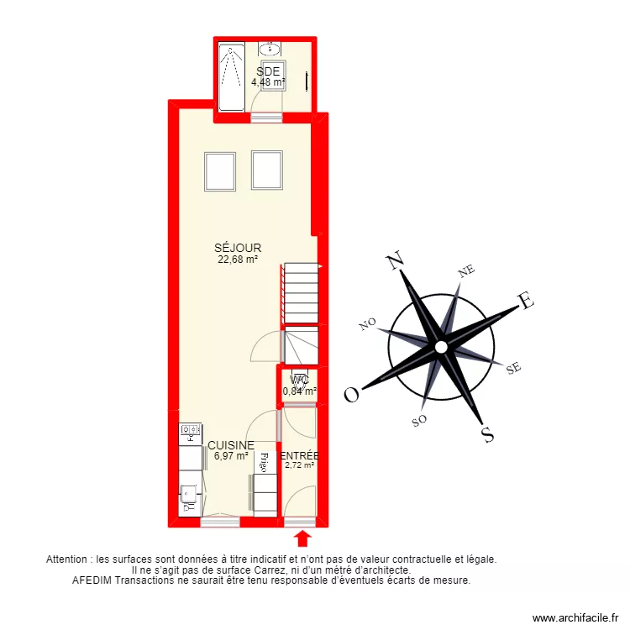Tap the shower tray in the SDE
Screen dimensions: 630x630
coord(230,78)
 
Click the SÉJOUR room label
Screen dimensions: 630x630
coord(238,249)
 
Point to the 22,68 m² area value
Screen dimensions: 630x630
coord(238,260)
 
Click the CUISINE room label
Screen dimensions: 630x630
coord(231,445)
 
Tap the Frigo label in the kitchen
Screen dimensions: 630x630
coord(264,461)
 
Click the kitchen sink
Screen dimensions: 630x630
coord(191,496)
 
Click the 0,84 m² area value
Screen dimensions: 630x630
coord(299,391)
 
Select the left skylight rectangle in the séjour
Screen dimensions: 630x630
coord(220,171)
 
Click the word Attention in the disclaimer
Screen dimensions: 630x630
coord(68,558)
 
